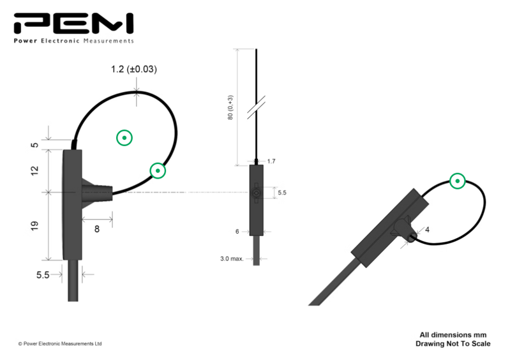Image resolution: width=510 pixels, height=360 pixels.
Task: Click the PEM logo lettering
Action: (x=73, y=24)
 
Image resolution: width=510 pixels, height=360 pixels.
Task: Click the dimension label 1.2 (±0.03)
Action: (x=134, y=70)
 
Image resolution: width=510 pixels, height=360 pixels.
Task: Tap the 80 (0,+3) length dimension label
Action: (x=230, y=108)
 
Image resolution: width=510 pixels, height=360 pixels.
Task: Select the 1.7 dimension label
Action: (x=271, y=161)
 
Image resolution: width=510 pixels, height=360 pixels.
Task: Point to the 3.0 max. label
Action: (x=232, y=259)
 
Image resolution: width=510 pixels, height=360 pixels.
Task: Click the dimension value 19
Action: (x=34, y=226)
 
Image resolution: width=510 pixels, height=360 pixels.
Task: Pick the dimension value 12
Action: (x=34, y=170)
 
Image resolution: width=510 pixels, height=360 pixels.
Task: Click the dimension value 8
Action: (x=97, y=229)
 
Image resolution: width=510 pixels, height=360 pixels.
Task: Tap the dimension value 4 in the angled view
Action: (x=427, y=230)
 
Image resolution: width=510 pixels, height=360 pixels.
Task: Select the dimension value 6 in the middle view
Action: (x=237, y=232)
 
